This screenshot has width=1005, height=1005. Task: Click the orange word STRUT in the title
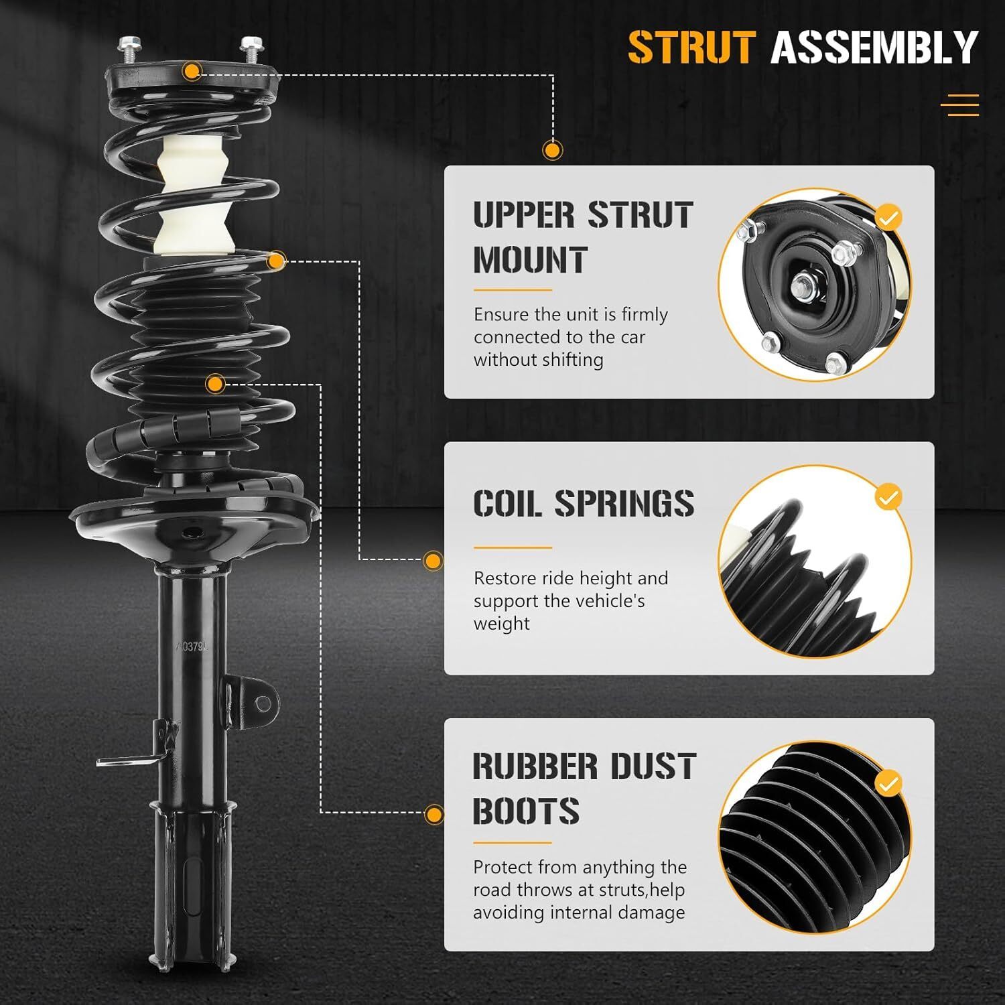tap(691, 48)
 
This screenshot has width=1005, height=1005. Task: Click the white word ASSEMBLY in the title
tap(875, 48)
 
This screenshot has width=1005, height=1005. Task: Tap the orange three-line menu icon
tap(960, 105)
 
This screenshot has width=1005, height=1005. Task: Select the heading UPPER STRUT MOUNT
tap(583, 237)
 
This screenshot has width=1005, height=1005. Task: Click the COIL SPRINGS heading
tap(584, 503)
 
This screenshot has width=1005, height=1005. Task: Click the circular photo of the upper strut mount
tap(815, 285)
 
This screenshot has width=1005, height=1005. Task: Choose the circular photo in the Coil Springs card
tap(815, 561)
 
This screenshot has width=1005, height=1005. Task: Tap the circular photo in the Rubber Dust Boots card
tap(815, 838)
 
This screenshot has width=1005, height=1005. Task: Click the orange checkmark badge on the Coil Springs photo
tap(888, 498)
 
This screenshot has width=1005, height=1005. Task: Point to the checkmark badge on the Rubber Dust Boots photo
tap(888, 783)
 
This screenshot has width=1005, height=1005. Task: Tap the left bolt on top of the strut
tap(127, 50)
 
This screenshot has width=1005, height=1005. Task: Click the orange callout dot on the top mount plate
tap(192, 71)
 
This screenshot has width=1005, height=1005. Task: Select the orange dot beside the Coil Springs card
tap(433, 561)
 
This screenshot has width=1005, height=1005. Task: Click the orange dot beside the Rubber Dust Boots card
tap(434, 815)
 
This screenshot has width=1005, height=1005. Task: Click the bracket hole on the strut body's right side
tap(263, 703)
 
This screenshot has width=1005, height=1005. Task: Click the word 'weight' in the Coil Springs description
tap(502, 624)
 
